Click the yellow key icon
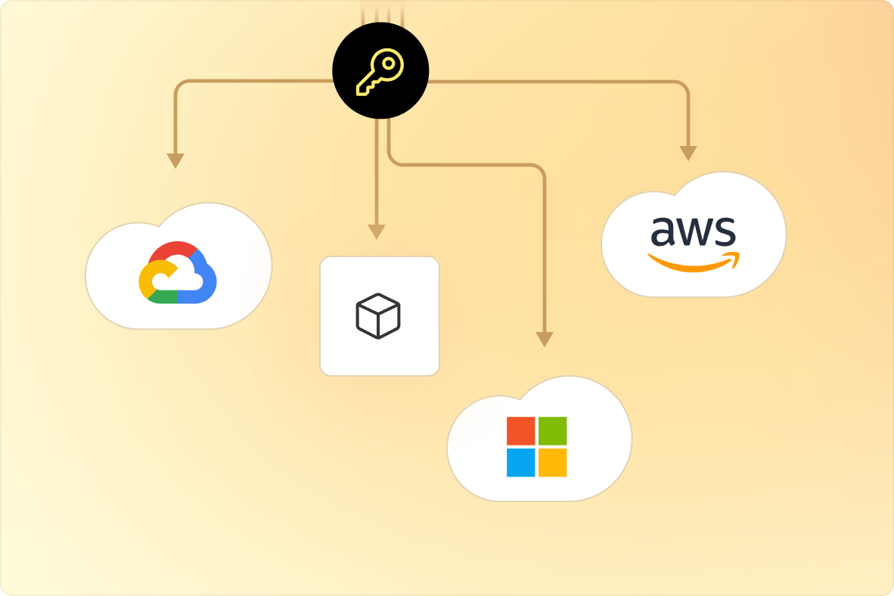379,73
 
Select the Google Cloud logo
178,273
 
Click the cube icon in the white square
378,315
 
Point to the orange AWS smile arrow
692,263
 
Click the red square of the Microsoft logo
520,430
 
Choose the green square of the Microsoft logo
552,430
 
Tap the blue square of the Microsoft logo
520,462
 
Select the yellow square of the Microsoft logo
552,462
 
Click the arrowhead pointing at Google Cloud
175,160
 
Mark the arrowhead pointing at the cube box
377,231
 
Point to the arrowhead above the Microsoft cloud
544,339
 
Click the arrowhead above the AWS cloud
688,153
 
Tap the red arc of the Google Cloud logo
175,250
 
